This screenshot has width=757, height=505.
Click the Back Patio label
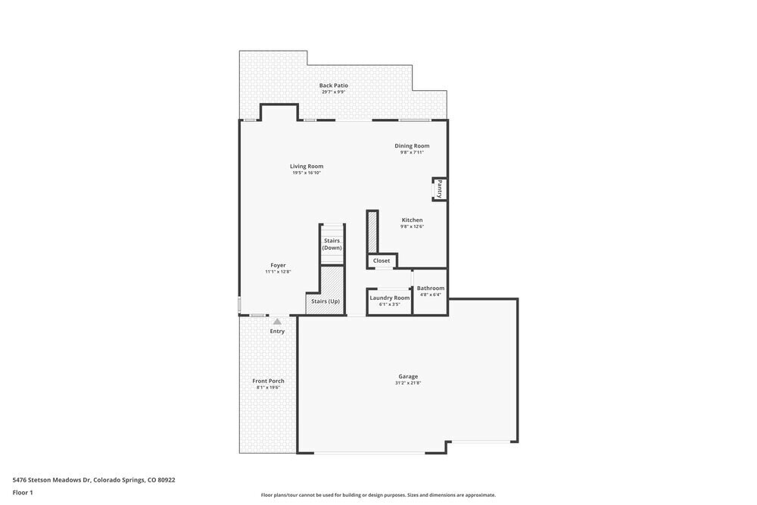pyautogui.click(x=333, y=86)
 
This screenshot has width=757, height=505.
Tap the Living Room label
pyautogui.click(x=307, y=167)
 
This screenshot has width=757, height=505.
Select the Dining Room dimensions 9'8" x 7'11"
pyautogui.click(x=412, y=152)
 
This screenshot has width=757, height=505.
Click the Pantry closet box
pyautogui.click(x=439, y=189)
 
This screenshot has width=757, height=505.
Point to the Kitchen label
pyautogui.click(x=412, y=220)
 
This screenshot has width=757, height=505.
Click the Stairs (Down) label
pyautogui.click(x=332, y=244)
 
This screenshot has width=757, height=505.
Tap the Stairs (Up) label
pyautogui.click(x=326, y=301)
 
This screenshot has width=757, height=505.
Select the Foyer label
pyautogui.click(x=278, y=266)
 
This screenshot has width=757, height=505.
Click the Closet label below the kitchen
pyautogui.click(x=382, y=260)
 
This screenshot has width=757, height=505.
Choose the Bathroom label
pyautogui.click(x=430, y=288)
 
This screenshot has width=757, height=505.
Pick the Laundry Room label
pyautogui.click(x=389, y=298)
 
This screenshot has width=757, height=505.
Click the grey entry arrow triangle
pyautogui.click(x=277, y=322)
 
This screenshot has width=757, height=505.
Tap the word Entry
pyautogui.click(x=277, y=332)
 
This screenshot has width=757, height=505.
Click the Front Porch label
pyautogui.click(x=268, y=381)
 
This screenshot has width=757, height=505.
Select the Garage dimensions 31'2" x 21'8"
pyautogui.click(x=408, y=383)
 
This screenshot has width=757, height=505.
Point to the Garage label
pyautogui.click(x=408, y=376)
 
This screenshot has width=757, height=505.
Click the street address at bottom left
pyautogui.click(x=94, y=480)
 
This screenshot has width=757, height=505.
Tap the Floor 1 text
pyautogui.click(x=23, y=492)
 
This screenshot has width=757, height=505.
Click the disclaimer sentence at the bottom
pyautogui.click(x=378, y=495)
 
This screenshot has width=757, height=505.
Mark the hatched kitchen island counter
pyautogui.click(x=372, y=232)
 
